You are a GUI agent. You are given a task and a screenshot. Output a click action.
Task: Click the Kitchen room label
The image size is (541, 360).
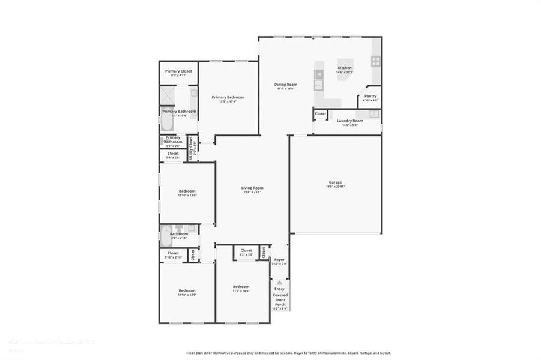coord(345,68)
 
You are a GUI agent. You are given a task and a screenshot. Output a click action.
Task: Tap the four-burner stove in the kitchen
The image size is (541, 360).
coord(376,60)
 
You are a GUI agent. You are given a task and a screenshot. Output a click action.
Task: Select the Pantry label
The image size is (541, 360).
coord(370,96)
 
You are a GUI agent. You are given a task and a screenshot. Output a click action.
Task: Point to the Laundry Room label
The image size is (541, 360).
coord(349,121)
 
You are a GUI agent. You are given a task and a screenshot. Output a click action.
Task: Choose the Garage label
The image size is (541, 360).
coord(335,182)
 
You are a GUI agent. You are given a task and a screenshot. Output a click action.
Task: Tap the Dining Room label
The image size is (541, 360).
coord(286,85)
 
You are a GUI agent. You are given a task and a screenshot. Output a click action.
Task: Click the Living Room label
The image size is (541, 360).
coord(253,188)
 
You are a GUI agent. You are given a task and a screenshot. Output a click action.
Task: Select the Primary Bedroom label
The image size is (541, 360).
coord(228,97)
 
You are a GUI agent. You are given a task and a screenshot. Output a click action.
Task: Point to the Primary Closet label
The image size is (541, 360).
coord(178,71)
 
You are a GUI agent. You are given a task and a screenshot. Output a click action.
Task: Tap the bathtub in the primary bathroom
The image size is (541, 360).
coord(166,123)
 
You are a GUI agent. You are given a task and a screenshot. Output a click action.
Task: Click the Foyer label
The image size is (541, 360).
coord(279,260)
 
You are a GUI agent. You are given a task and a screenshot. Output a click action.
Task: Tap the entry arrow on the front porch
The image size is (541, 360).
coord(280,282)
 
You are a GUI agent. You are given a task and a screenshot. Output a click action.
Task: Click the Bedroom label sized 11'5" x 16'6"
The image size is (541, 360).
coord(241,287)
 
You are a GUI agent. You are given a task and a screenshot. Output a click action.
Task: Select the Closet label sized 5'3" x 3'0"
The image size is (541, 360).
coord(246,251)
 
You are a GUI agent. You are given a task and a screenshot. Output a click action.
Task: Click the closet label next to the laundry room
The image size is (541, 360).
coord(321,113)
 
